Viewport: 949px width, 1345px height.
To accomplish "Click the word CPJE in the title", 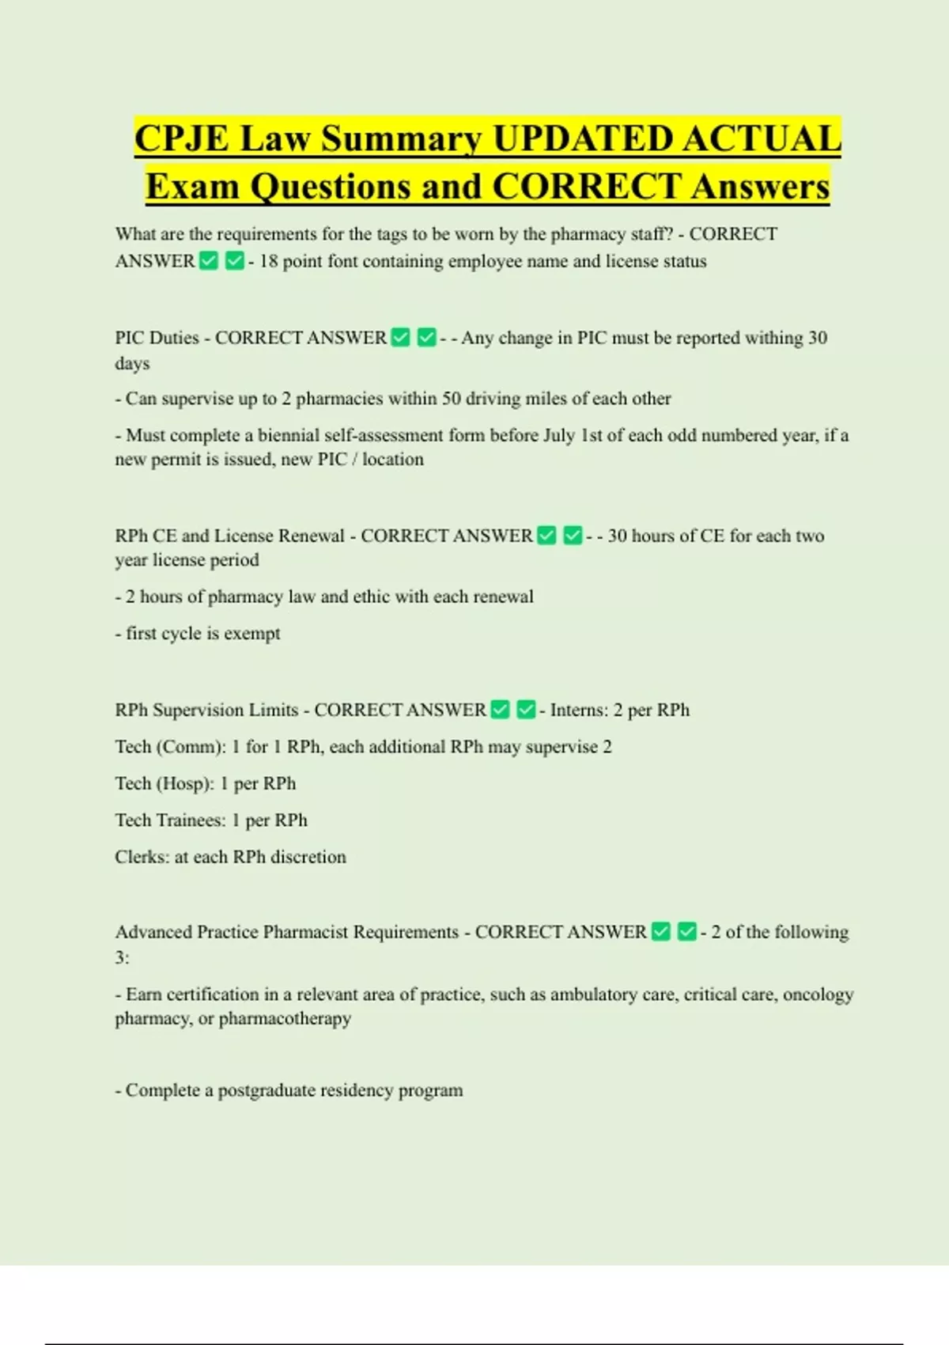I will pyautogui.click(x=182, y=139).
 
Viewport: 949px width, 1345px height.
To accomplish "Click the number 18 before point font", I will pyautogui.click(x=268, y=261).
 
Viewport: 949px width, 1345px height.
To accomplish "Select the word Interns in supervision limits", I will pyautogui.click(x=579, y=710).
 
